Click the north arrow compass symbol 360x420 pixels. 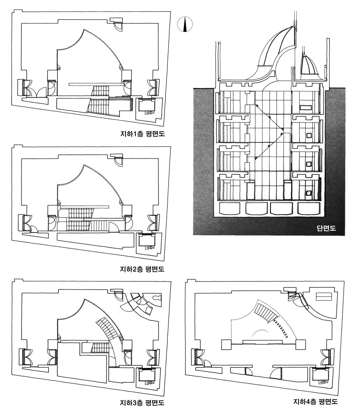point(184,24)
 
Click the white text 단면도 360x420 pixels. point(326,228)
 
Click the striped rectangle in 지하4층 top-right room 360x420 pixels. point(324,297)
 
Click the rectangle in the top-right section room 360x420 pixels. point(306,107)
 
